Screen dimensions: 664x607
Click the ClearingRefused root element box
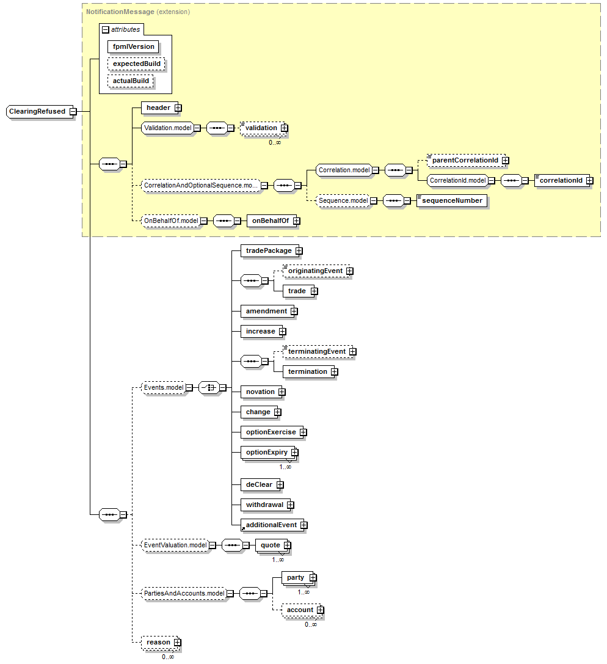37,112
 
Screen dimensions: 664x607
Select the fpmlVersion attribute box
134,46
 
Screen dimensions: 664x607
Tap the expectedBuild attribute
137,64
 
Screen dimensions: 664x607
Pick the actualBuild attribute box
131,81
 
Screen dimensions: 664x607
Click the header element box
158,108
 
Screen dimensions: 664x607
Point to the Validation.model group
168,128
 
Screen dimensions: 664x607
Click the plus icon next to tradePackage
299,250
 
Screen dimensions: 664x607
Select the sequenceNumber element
452,200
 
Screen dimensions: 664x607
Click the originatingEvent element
315,271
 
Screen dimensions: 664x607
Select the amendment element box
266,311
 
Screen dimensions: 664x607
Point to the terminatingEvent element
316,351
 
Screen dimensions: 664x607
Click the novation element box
260,392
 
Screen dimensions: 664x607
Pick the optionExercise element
271,432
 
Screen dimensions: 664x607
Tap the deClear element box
259,484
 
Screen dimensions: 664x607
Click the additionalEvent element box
271,525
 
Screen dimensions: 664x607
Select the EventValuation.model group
175,545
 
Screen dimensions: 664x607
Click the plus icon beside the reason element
177,642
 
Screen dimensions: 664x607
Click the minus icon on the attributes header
106,29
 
